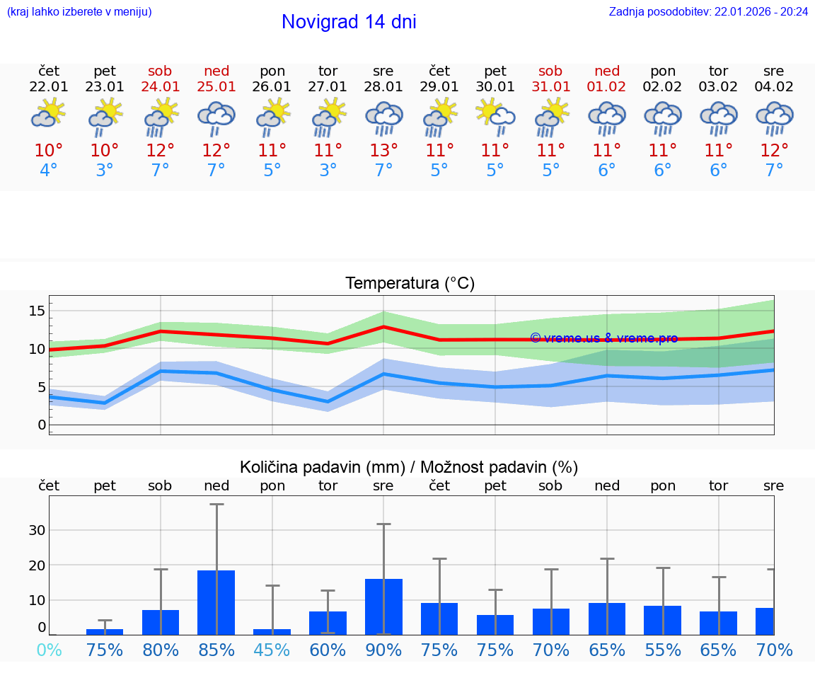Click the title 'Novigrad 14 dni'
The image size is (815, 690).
click(x=349, y=22)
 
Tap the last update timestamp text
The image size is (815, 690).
click(x=708, y=11)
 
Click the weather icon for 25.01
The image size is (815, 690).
click(x=216, y=117)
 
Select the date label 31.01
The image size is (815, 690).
click(x=550, y=87)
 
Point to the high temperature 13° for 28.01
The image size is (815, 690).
click(x=383, y=151)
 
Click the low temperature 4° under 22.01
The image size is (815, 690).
click(x=49, y=171)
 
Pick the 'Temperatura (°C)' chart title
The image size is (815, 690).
click(x=410, y=284)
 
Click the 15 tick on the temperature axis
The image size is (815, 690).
click(x=37, y=311)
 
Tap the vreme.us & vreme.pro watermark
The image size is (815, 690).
click(x=603, y=338)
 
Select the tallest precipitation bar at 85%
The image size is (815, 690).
click(x=216, y=602)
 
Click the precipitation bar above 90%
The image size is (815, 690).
click(x=383, y=606)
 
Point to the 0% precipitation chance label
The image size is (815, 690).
click(x=49, y=650)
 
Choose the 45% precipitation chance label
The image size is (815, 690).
click(x=272, y=650)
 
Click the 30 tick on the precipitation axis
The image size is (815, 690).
click(x=37, y=530)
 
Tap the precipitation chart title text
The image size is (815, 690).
click(x=409, y=467)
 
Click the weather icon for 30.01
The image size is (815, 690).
click(x=495, y=116)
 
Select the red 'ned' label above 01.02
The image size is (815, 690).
click(x=607, y=71)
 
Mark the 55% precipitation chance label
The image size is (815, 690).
click(x=663, y=650)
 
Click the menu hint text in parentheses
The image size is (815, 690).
click(x=79, y=11)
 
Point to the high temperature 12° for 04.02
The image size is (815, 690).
click(x=774, y=151)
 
